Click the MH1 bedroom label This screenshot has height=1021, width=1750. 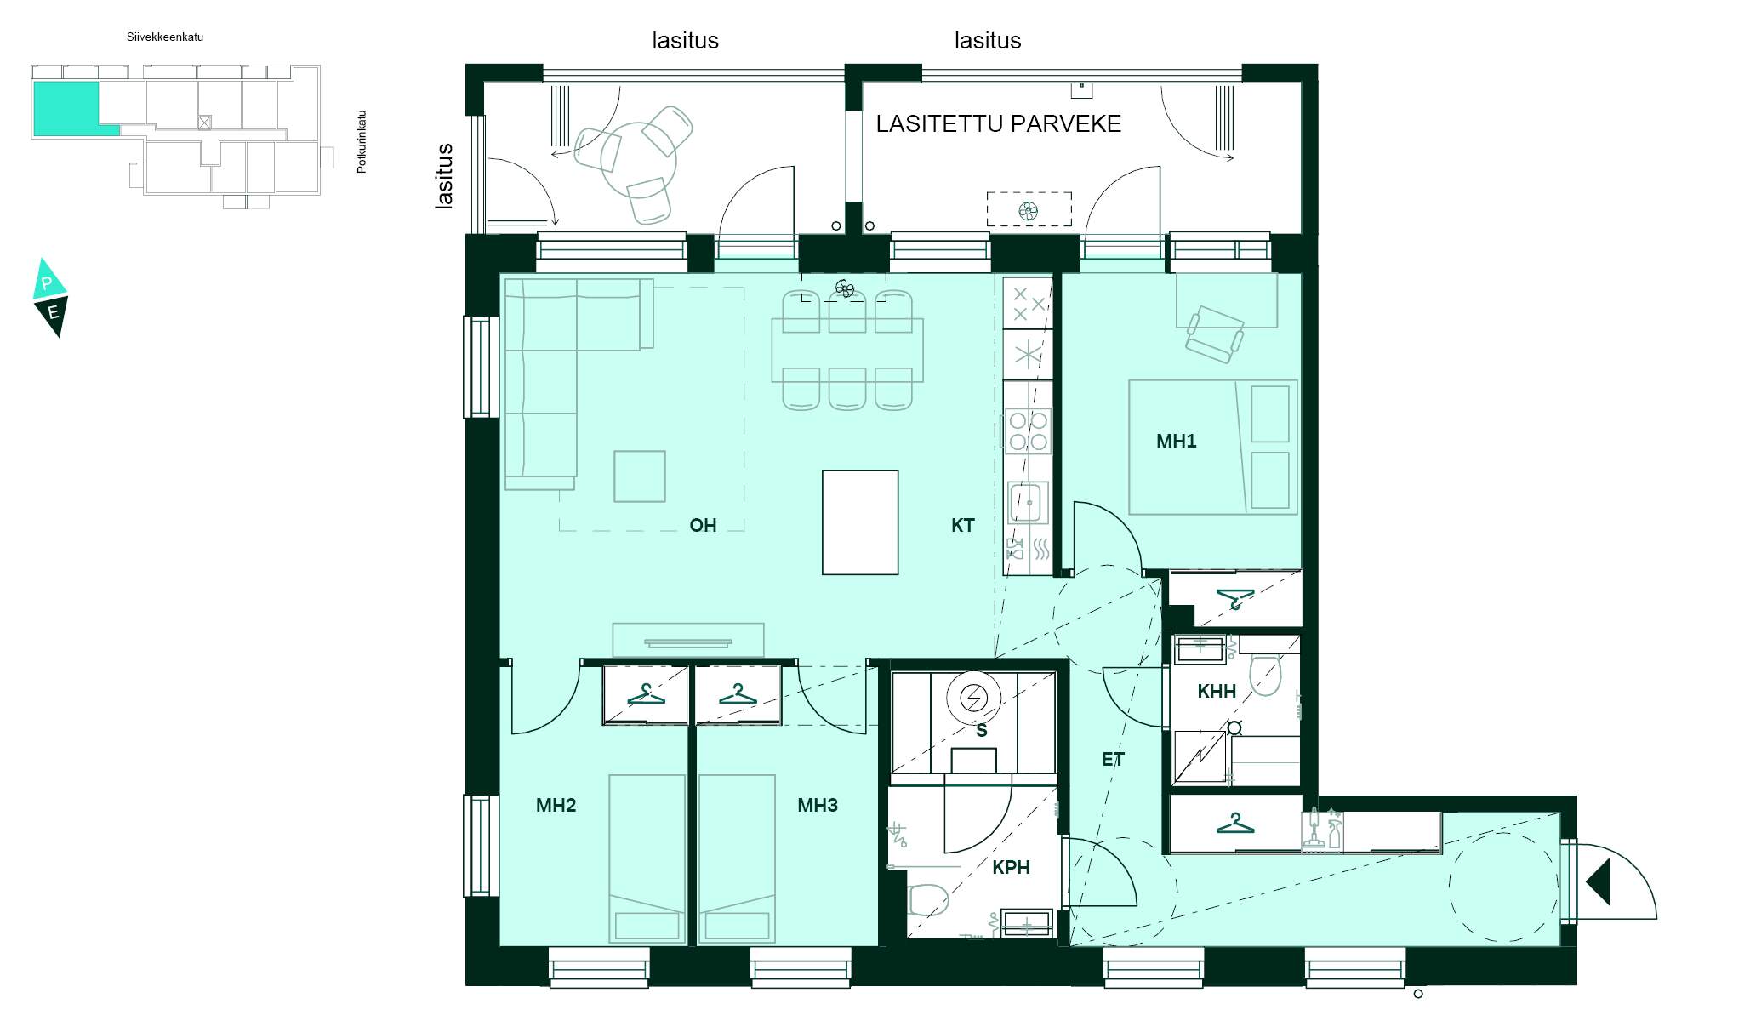(x=1176, y=441)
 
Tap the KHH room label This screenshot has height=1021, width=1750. (x=1216, y=691)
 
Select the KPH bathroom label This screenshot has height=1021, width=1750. (x=1010, y=867)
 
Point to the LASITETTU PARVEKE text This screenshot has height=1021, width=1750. (x=998, y=124)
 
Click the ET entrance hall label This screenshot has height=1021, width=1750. (x=1113, y=759)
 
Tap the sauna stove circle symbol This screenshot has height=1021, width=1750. (x=972, y=699)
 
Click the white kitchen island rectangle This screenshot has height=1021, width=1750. (x=859, y=522)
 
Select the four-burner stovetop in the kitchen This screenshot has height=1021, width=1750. (x=1028, y=431)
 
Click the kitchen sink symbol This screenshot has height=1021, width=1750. (x=1028, y=502)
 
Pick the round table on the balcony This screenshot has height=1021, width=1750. (x=638, y=159)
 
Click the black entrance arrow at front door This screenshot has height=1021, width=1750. (x=1599, y=881)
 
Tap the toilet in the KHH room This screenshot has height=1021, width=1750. (x=1265, y=675)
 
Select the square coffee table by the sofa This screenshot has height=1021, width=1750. (x=639, y=476)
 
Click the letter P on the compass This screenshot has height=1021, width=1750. (x=48, y=283)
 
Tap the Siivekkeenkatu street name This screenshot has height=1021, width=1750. (x=165, y=37)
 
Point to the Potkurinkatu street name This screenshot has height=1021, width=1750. (x=362, y=142)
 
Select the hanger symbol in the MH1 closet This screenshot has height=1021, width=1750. (x=1234, y=598)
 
